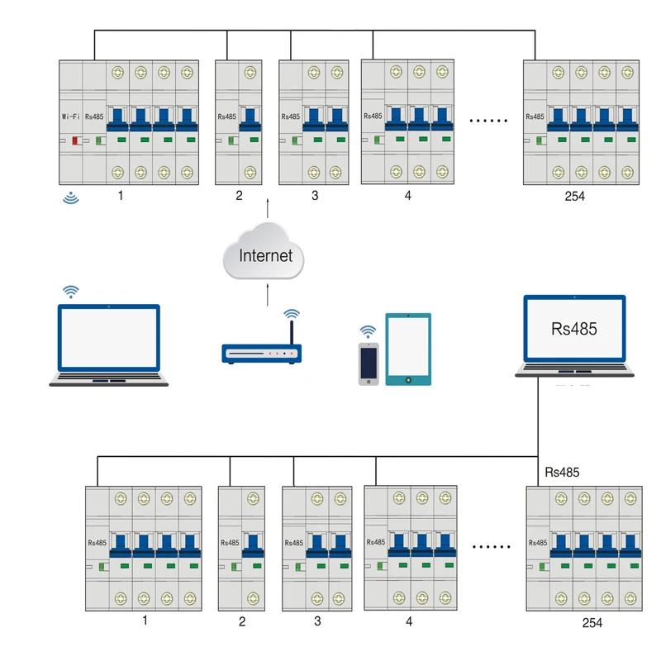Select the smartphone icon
coord(369,364)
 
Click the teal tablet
coord(408,349)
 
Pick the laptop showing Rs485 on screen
coord(574,336)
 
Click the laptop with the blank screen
coord(109,345)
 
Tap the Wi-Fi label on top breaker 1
coord(70,117)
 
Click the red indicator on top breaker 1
coord(75,140)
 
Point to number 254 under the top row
coord(574,196)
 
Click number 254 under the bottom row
coord(592,623)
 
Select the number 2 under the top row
coord(239,196)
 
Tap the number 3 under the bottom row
coord(317,621)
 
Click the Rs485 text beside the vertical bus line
coord(562,472)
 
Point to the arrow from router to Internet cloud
coord(267,295)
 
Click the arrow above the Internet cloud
coord(267,208)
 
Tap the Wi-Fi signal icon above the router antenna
coord(292,314)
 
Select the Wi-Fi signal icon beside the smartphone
coord(368,332)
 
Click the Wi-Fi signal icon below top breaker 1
coord(71,197)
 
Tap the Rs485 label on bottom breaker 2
coord(230,543)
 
